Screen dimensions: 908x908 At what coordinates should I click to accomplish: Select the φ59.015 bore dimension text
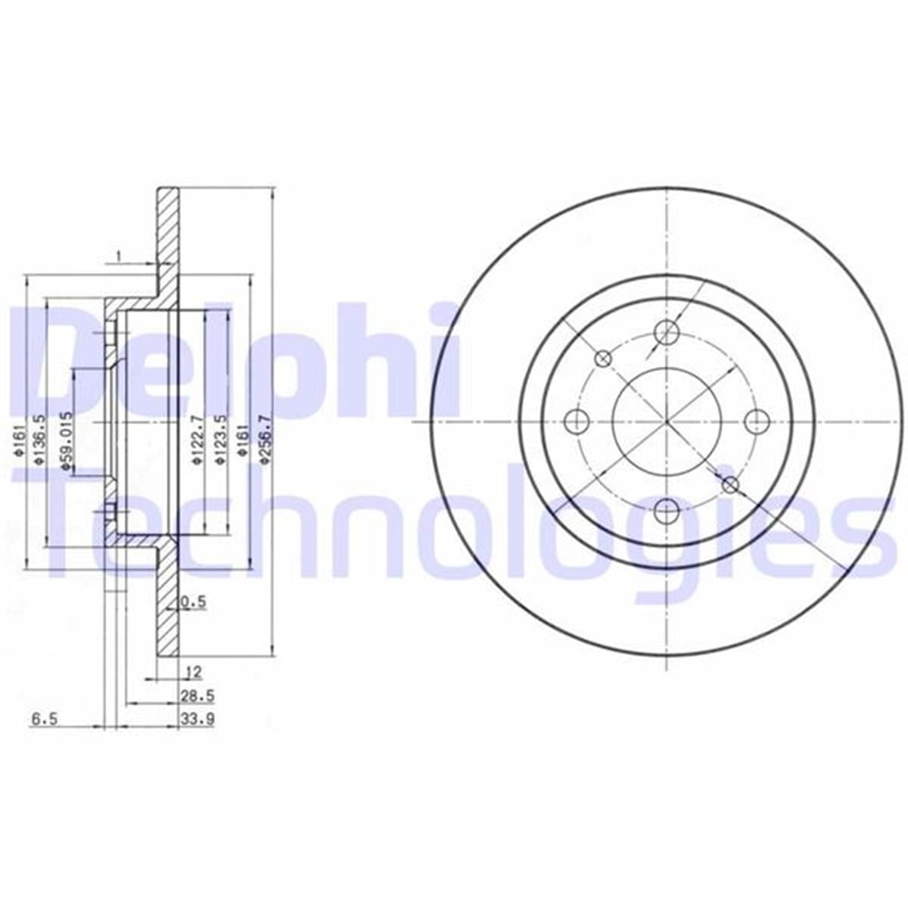click(x=67, y=442)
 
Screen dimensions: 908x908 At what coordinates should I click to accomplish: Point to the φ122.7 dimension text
click(x=197, y=442)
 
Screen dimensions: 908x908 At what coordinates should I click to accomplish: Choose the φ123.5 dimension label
click(x=220, y=442)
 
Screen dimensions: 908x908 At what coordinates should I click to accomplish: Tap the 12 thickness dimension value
click(x=193, y=670)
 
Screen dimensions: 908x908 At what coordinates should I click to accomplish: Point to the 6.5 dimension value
click(x=44, y=720)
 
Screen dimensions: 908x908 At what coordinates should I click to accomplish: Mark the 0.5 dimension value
click(x=194, y=602)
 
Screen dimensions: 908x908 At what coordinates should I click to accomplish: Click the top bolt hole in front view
click(x=666, y=330)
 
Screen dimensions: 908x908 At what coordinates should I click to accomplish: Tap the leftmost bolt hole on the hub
click(x=577, y=420)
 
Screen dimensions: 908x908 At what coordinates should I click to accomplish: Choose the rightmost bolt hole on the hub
click(x=756, y=420)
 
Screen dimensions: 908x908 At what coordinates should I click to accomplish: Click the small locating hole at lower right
click(x=730, y=484)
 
